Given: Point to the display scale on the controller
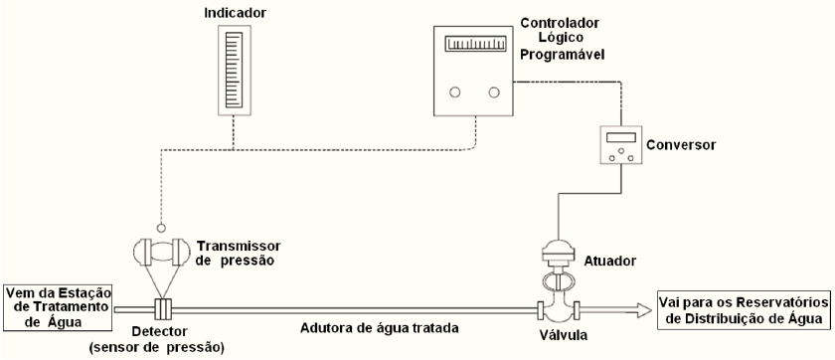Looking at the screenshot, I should (474, 45).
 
